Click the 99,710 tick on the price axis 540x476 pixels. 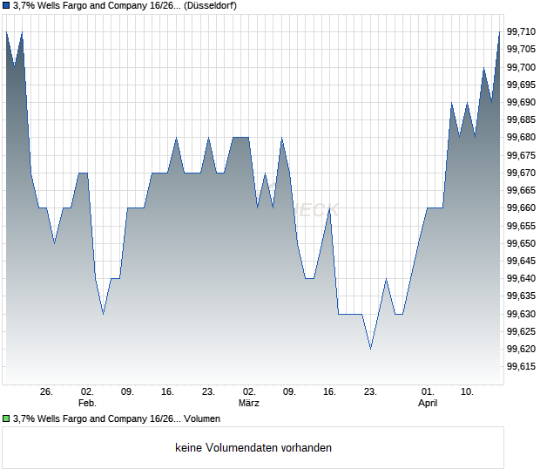pos(521,32)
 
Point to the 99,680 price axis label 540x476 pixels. pos(521,138)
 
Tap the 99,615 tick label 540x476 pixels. pos(521,367)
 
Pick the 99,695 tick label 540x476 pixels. pos(521,85)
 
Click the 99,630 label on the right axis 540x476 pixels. pos(521,314)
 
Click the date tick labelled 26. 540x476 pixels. pos(46,392)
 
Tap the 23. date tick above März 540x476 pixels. pos(208,392)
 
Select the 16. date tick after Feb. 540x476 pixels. pos(168,392)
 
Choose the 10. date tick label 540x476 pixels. pos(468,392)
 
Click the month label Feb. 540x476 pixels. pos(87,404)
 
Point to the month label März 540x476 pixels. pos(249,404)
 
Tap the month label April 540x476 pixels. pos(428,404)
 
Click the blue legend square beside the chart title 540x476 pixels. pos(7,6)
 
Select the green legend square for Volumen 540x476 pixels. pos(7,419)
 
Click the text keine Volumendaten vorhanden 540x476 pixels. pos(253,448)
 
